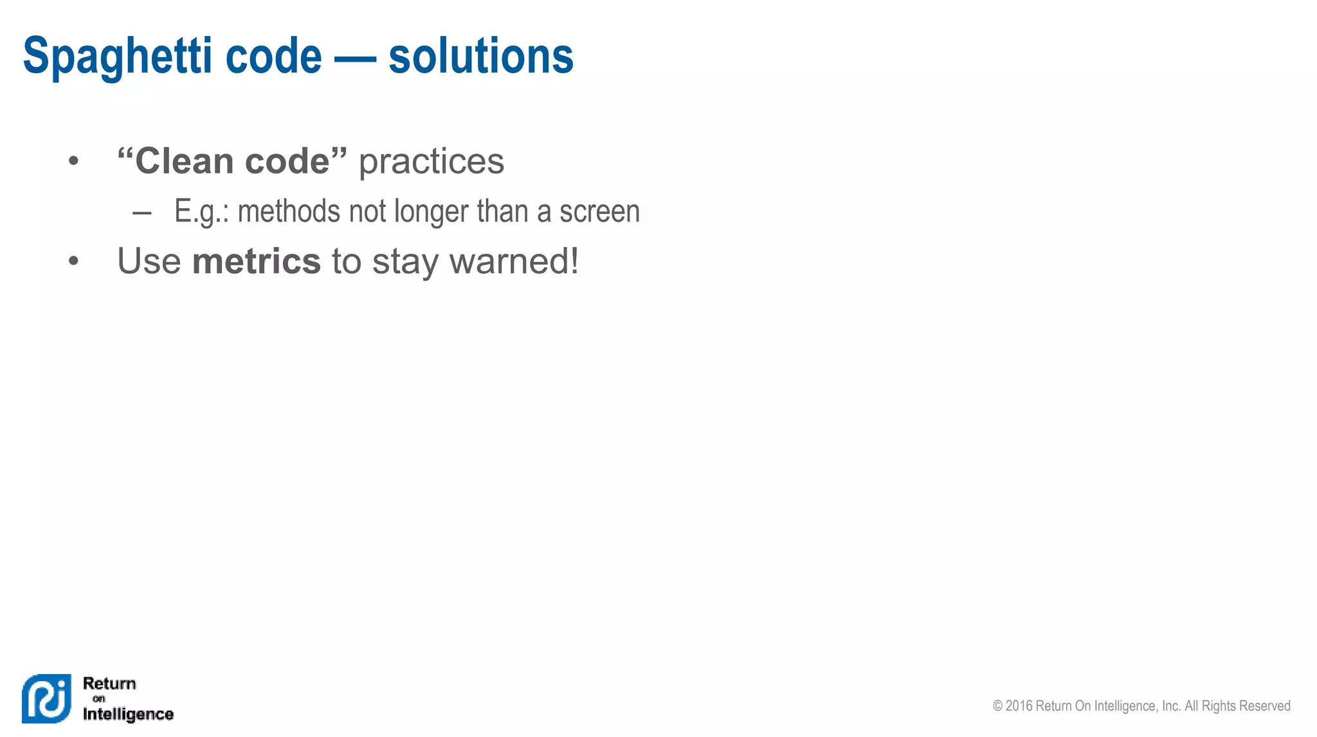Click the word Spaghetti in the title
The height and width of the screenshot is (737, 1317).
pyautogui.click(x=118, y=57)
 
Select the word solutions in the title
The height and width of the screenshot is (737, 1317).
pyautogui.click(x=480, y=57)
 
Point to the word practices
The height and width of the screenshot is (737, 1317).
pyautogui.click(x=431, y=162)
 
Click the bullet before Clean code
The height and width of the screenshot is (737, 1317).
pyautogui.click(x=74, y=161)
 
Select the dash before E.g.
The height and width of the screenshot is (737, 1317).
pyautogui.click(x=141, y=213)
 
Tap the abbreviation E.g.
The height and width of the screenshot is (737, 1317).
pyautogui.click(x=201, y=212)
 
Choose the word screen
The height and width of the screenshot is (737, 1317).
pyautogui.click(x=599, y=211)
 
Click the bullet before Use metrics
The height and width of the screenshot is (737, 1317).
pyautogui.click(x=74, y=262)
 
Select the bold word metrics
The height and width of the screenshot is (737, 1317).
pyautogui.click(x=257, y=262)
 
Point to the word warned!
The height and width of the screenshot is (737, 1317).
pyautogui.click(x=514, y=262)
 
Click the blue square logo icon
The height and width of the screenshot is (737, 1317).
pyautogui.click(x=46, y=698)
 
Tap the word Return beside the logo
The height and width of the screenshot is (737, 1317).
pyautogui.click(x=109, y=683)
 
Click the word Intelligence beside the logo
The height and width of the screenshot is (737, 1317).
pyautogui.click(x=128, y=714)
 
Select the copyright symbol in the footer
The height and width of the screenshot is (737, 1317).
pyautogui.click(x=997, y=706)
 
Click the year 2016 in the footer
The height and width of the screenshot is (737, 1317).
pyautogui.click(x=1019, y=706)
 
